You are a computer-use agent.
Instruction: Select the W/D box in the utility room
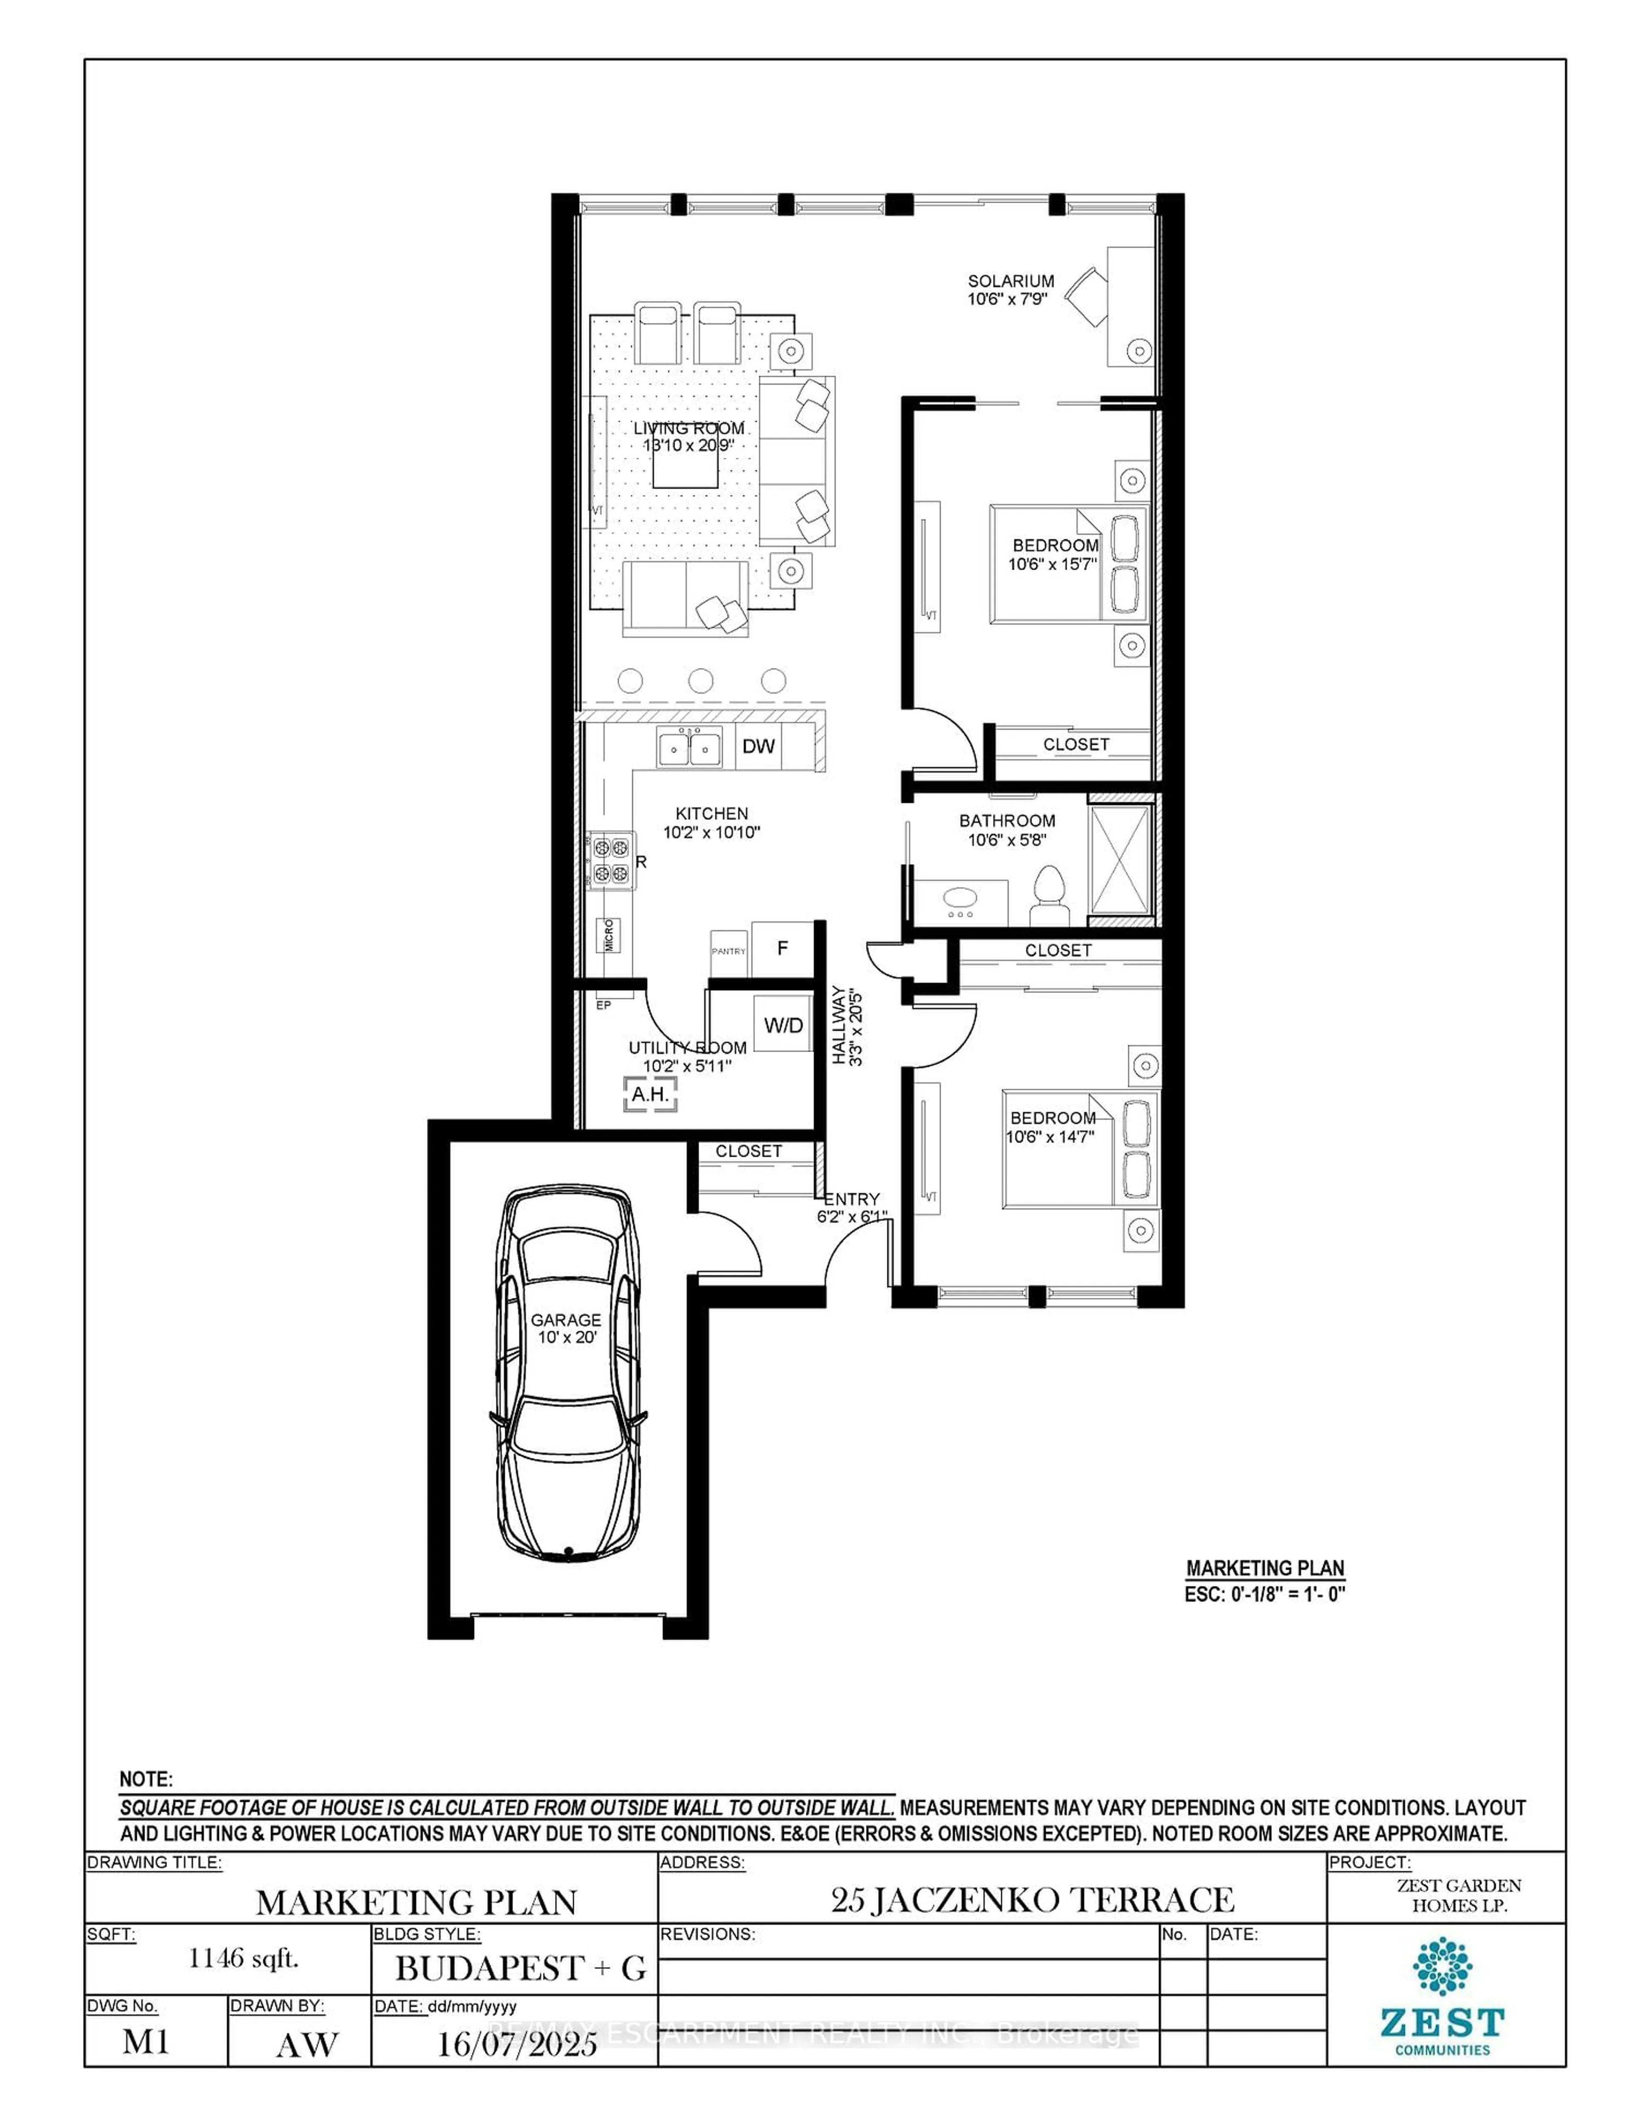(782, 1024)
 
